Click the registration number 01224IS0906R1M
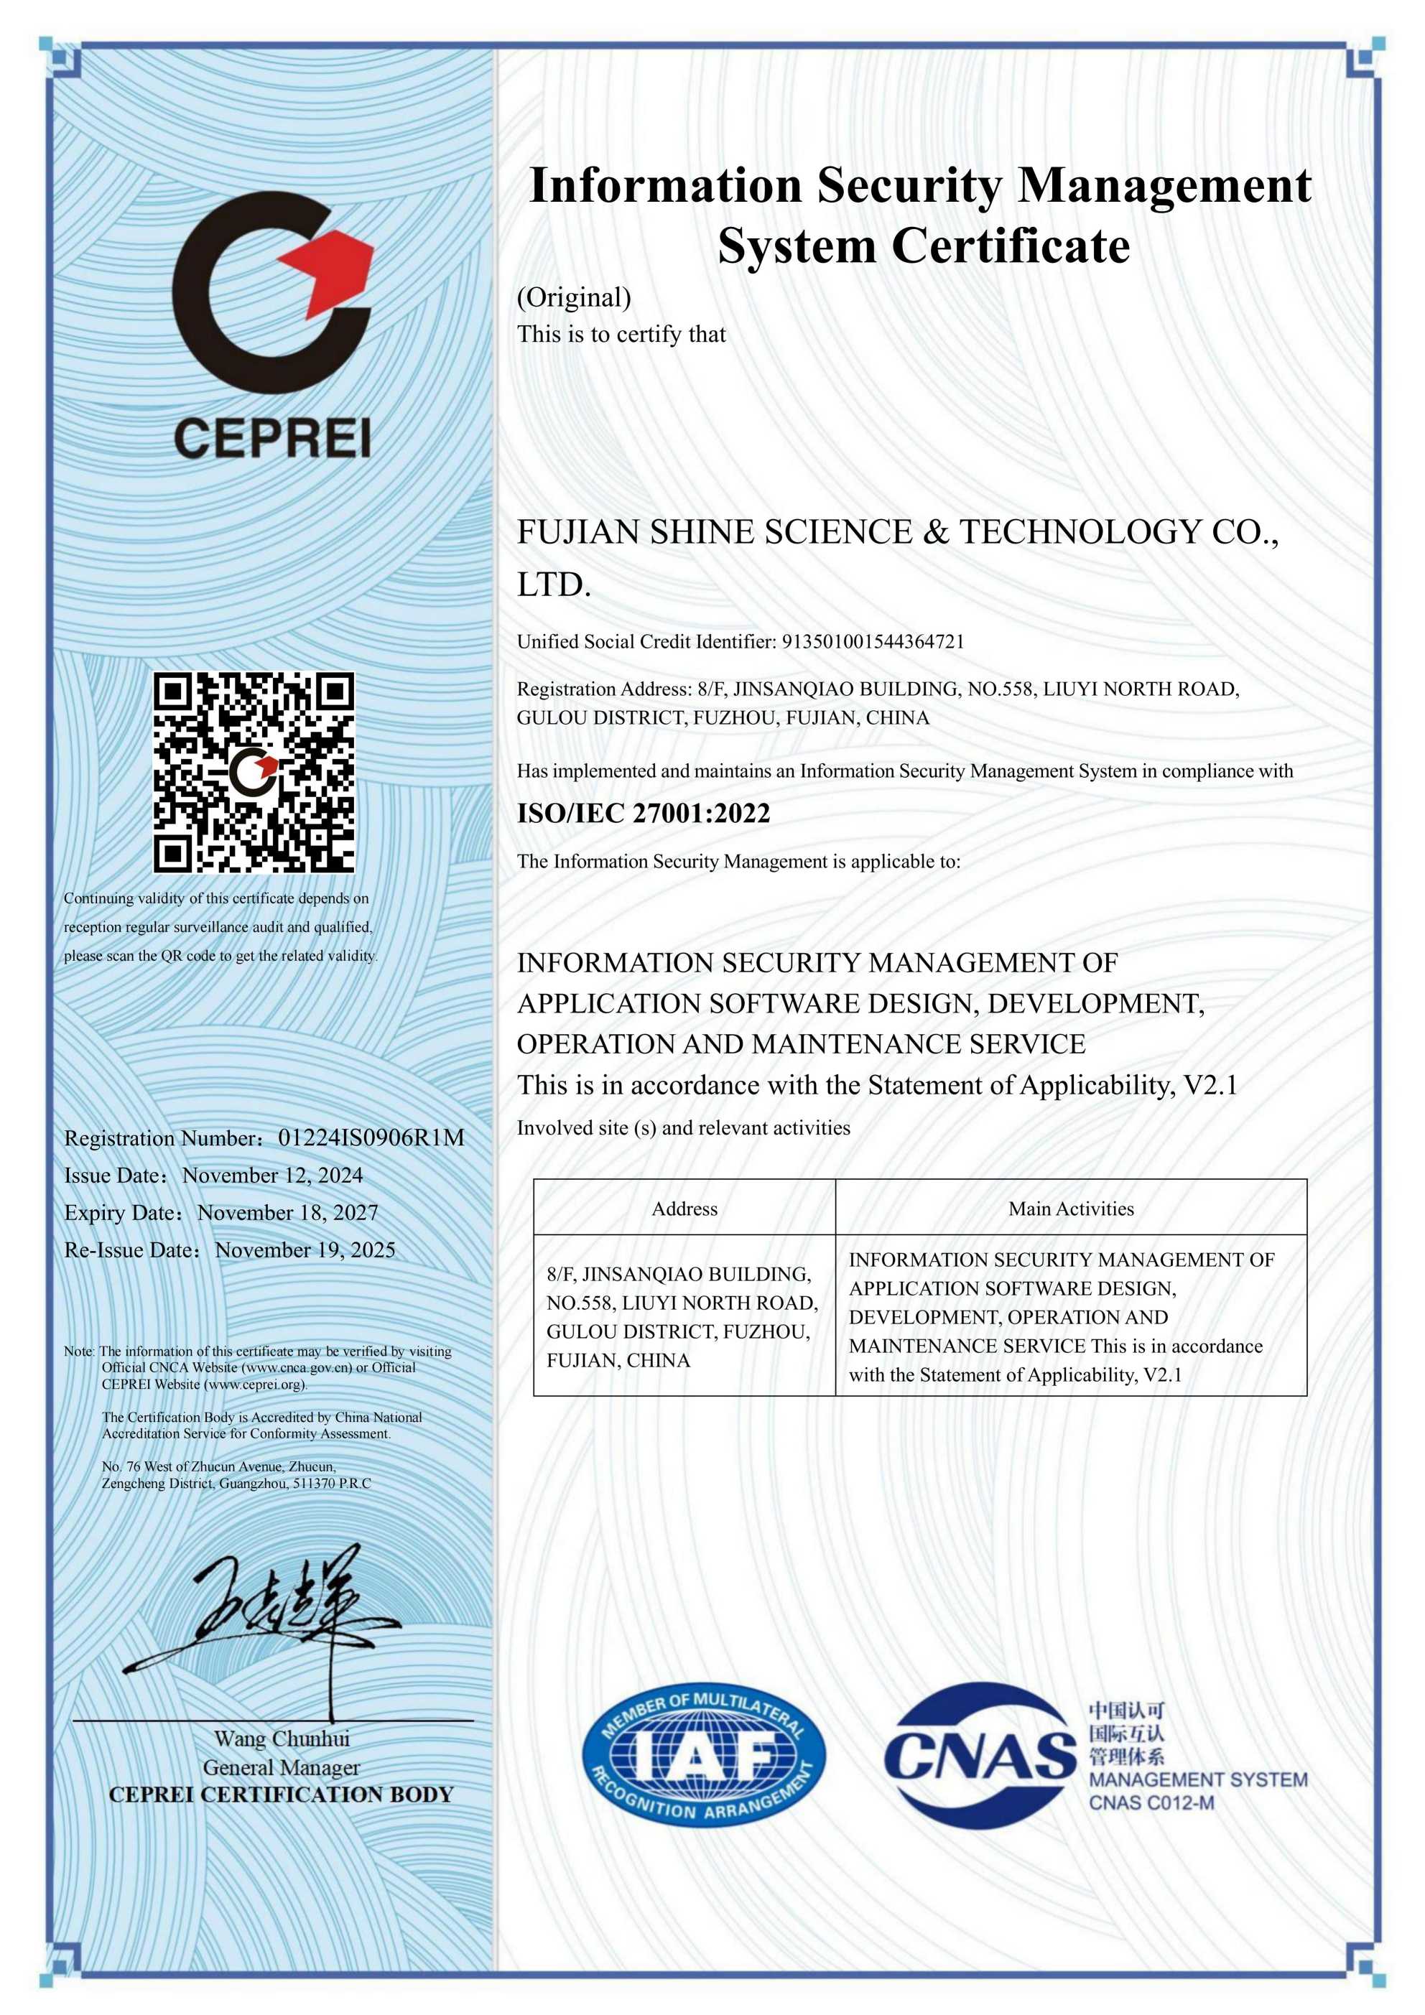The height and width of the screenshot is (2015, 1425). coord(371,1138)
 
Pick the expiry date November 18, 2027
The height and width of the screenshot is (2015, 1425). coord(287,1213)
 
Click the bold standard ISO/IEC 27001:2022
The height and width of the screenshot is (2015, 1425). coord(643,814)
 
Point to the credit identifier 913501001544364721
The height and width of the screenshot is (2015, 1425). coord(873,641)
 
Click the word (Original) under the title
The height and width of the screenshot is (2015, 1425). coord(573,297)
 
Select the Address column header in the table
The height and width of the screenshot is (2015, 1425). coord(684,1209)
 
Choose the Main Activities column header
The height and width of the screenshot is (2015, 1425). coord(1070,1209)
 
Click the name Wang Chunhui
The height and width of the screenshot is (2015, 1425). coord(282,1739)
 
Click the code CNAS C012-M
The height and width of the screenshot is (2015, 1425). coord(1151,1802)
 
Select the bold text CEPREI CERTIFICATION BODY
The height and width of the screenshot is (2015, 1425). coord(281,1795)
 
